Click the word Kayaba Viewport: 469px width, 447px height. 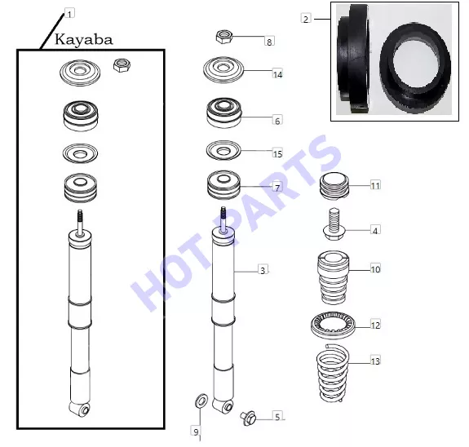point(84,40)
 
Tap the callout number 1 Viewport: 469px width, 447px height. point(69,14)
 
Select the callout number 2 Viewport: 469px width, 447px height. point(306,19)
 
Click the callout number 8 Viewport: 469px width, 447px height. point(269,42)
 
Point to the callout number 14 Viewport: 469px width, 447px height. point(277,74)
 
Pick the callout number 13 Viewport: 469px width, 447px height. point(375,361)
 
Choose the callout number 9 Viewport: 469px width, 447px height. point(196,432)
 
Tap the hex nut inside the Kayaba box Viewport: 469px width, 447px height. point(122,65)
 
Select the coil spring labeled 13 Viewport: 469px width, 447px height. point(333,373)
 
